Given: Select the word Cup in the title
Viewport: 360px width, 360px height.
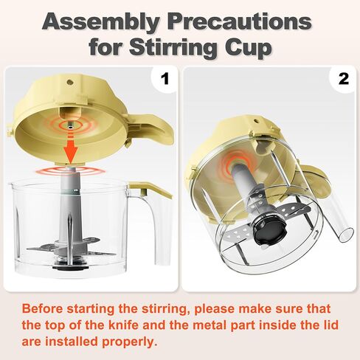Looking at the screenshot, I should pyautogui.click(x=253, y=47).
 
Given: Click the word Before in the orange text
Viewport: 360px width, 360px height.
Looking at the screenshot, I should pyautogui.click(x=46, y=308).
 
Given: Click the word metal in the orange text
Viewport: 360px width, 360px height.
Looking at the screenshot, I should pyautogui.click(x=212, y=325).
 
